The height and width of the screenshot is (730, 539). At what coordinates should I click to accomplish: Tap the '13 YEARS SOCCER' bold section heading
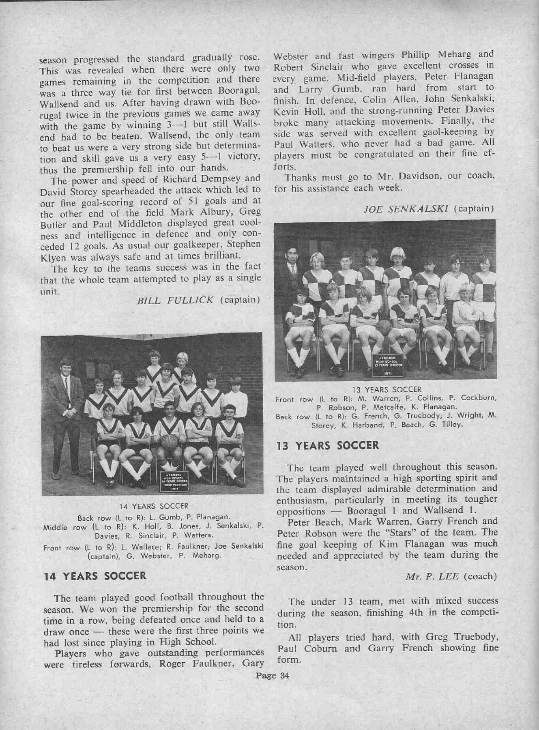tap(327, 446)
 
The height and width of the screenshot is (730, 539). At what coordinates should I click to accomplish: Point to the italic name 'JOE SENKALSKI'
tap(407, 209)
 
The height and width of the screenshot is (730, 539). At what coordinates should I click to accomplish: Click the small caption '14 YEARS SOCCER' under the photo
tap(153, 506)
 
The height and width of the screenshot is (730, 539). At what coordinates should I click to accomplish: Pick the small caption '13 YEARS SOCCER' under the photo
tap(387, 390)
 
